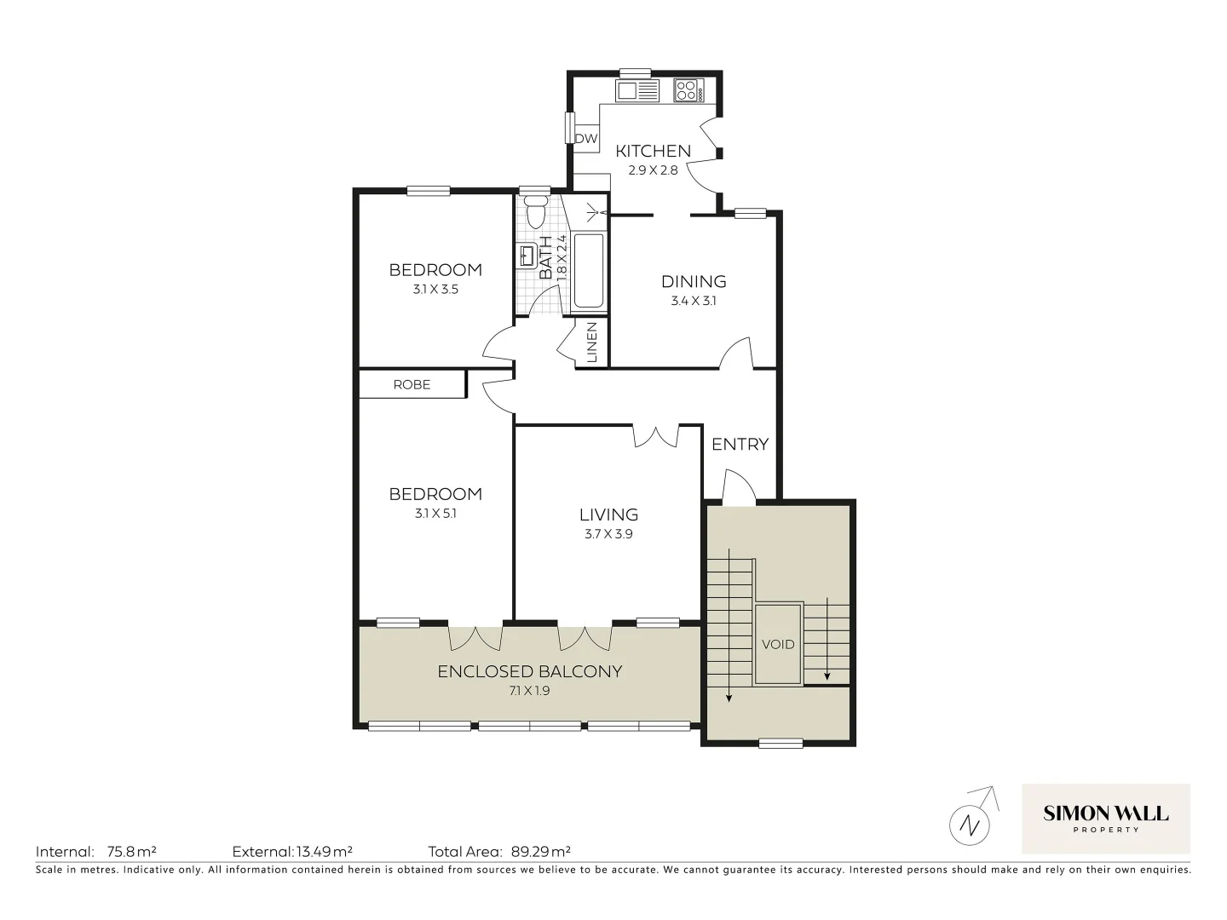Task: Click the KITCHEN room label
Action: click(653, 151)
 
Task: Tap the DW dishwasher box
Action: click(585, 138)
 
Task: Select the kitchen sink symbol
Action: click(637, 90)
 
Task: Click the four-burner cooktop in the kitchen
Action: click(687, 90)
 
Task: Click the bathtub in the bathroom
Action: click(589, 270)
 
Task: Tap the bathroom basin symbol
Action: click(526, 255)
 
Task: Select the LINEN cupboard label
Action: click(591, 342)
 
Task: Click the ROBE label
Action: click(412, 384)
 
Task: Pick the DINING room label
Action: click(694, 281)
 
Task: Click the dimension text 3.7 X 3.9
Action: click(608, 534)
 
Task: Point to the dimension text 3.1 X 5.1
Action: click(435, 514)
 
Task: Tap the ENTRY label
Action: click(740, 444)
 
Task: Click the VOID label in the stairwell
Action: click(777, 644)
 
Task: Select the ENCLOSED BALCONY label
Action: click(529, 671)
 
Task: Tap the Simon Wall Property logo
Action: click(1105, 819)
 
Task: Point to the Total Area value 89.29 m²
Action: click(541, 851)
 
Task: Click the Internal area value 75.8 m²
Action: click(131, 851)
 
